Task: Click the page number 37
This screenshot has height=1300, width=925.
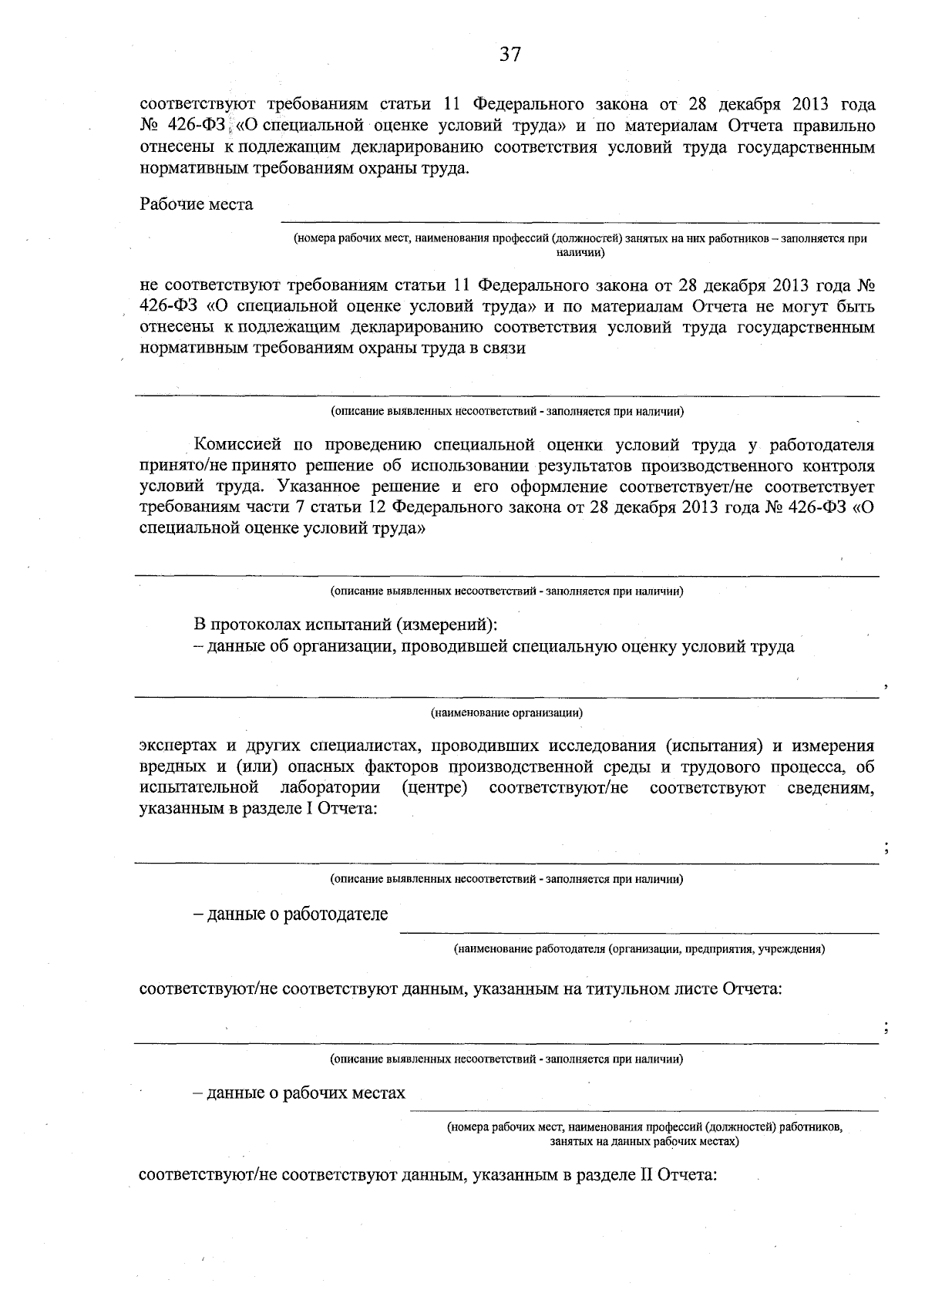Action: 510,54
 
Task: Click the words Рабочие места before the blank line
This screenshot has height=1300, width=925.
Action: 196,204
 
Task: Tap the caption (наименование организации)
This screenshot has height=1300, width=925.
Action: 506,712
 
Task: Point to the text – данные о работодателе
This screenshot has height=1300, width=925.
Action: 291,914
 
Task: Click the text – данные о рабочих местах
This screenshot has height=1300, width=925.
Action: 299,1093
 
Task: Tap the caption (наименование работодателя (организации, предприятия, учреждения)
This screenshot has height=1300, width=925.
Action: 639,948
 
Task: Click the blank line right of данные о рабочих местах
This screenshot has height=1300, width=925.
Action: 644,1110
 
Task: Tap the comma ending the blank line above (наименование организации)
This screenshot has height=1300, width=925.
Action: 886,685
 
